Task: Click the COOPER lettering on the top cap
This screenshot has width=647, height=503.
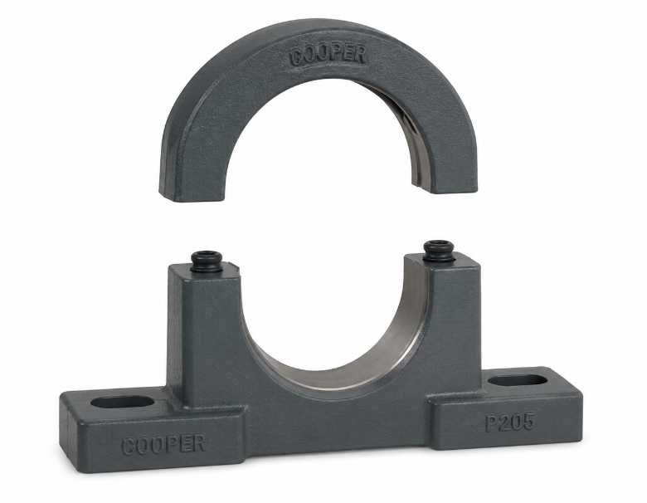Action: point(328,55)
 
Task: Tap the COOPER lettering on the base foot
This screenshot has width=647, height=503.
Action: point(163,444)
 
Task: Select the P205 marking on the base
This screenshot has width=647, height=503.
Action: point(510,422)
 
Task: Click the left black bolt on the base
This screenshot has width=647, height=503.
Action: point(207,261)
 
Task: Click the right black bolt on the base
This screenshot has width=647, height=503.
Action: point(439,251)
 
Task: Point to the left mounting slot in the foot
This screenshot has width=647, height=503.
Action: point(122,402)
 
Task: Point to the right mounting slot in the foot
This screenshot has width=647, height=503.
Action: point(518,380)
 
